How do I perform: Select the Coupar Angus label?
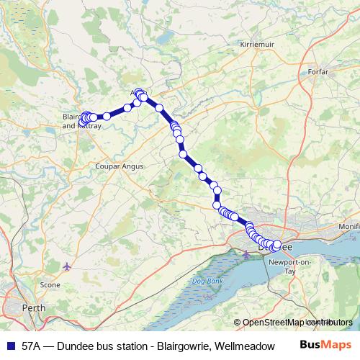pyautogui.click(x=120, y=166)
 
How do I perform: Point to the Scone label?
pyautogui.click(x=50, y=285)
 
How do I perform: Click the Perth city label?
pyautogui.click(x=34, y=307)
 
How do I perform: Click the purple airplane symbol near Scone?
pyautogui.click(x=68, y=267)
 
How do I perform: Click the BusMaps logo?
pyautogui.click(x=325, y=346)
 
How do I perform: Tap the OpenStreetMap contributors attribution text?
pyautogui.click(x=297, y=323)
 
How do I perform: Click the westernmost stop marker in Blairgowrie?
pyautogui.click(x=84, y=117)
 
